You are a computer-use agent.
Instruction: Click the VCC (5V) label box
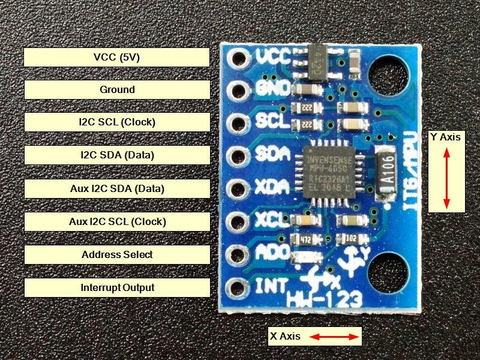pyautogui.click(x=117, y=57)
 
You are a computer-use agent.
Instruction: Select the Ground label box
pyautogui.click(x=117, y=89)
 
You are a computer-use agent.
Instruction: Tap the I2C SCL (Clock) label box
pyautogui.click(x=117, y=122)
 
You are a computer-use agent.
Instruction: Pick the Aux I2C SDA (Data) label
pyautogui.click(x=117, y=188)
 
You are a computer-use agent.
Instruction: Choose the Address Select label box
pyautogui.click(x=117, y=254)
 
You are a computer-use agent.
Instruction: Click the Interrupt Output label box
pyautogui.click(x=117, y=287)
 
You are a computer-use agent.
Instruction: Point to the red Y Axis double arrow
pyautogui.click(x=446, y=178)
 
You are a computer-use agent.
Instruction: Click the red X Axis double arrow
pyautogui.click(x=335, y=337)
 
